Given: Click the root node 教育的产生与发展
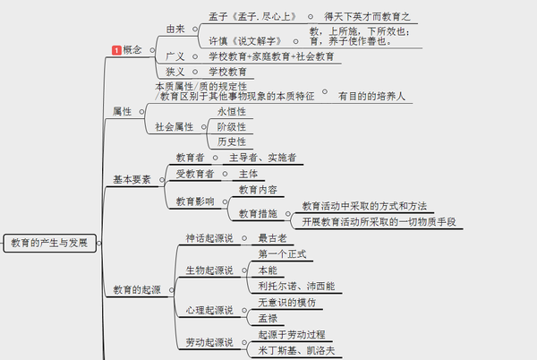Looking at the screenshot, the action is (49, 244).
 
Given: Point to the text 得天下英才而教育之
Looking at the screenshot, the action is (370, 17).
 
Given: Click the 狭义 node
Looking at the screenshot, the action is (175, 72).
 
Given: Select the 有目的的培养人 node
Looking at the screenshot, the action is (372, 96).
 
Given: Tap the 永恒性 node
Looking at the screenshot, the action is (231, 112).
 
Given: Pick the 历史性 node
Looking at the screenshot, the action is (231, 141).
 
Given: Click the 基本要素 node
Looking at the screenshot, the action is (132, 180).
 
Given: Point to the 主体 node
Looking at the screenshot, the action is (249, 174).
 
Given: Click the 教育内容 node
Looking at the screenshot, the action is (258, 190).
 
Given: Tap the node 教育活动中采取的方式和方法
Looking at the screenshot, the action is (363, 206).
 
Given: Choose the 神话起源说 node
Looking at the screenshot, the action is (208, 238).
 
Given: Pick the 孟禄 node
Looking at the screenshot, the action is (268, 318).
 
